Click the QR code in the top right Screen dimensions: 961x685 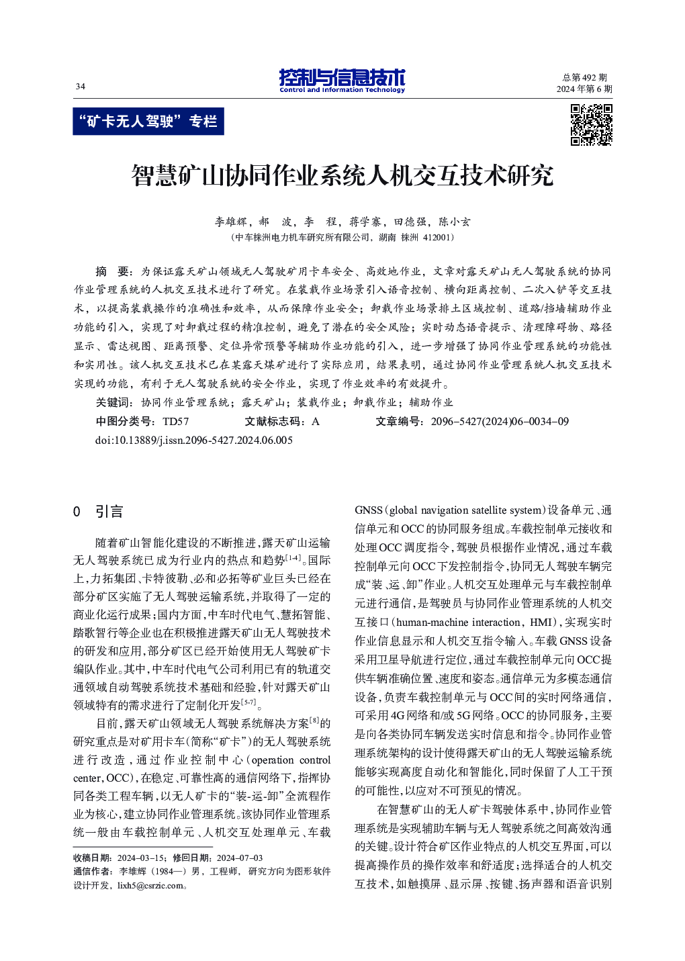pyautogui.click(x=591, y=125)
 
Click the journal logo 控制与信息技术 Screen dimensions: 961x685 pyautogui.click(x=342, y=80)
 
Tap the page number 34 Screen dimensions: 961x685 pyautogui.click(x=81, y=86)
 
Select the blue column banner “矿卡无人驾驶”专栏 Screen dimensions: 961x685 pyautogui.click(x=148, y=122)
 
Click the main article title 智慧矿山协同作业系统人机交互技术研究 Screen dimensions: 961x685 pyautogui.click(x=342, y=176)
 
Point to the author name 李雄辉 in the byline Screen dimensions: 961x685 pyautogui.click(x=230, y=222)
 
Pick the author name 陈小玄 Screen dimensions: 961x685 pyautogui.click(x=455, y=222)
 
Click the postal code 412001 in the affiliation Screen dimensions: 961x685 pyautogui.click(x=438, y=237)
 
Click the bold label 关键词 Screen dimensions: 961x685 pyautogui.click(x=114, y=402)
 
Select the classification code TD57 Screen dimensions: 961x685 pyautogui.click(x=176, y=422)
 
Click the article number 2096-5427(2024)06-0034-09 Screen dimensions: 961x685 pyautogui.click(x=500, y=422)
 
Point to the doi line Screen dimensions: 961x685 pyautogui.click(x=194, y=441)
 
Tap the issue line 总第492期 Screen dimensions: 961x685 pyautogui.click(x=584, y=78)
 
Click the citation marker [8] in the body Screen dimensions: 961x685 pyautogui.click(x=314, y=721)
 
